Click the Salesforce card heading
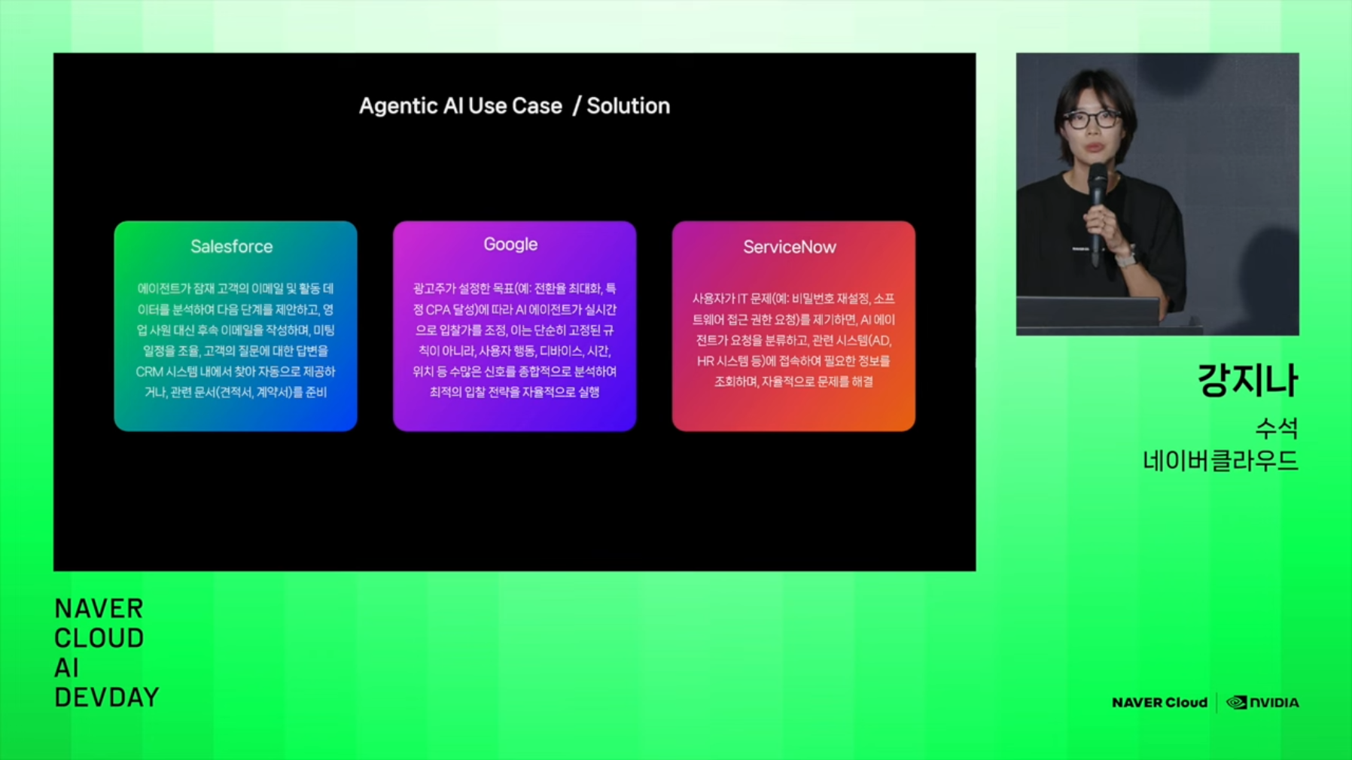click(x=232, y=246)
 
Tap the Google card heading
click(x=510, y=245)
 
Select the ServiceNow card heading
click(x=790, y=247)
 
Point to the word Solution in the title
click(x=629, y=106)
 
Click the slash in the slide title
click(x=577, y=106)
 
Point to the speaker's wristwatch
click(x=1125, y=260)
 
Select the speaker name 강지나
click(x=1248, y=380)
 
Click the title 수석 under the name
click(x=1277, y=428)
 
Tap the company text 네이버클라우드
click(x=1220, y=461)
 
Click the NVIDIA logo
click(x=1262, y=703)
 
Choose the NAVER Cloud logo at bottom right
click(x=1159, y=703)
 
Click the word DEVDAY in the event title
click(x=107, y=698)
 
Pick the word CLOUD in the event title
click(x=99, y=638)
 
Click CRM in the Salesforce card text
click(x=150, y=372)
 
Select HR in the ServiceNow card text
click(x=705, y=361)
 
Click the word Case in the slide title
click(x=537, y=106)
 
